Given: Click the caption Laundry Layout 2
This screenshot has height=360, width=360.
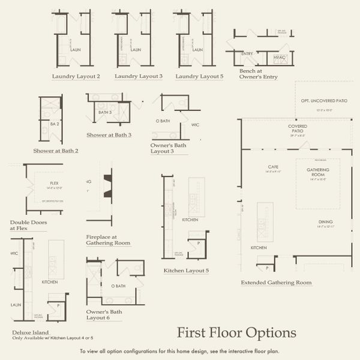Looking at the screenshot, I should [76, 76].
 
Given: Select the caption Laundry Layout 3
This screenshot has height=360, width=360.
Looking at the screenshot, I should [139, 76].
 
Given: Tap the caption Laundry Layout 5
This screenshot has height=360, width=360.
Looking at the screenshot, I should [199, 76].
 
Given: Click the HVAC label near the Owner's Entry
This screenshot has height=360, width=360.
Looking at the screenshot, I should [278, 57].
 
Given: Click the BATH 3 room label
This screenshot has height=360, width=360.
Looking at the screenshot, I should [106, 112].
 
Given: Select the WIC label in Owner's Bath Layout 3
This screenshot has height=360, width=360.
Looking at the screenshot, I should [195, 125].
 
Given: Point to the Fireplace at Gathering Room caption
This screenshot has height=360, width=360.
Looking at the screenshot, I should [108, 239].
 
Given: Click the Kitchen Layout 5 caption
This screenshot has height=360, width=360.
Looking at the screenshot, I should [186, 271].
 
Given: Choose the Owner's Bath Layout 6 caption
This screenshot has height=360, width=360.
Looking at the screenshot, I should [104, 315].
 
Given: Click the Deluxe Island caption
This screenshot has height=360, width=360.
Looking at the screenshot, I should [30, 332].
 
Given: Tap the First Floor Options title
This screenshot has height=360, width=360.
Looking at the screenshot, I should [236, 332].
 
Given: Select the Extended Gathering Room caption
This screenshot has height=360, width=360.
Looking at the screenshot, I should [276, 282].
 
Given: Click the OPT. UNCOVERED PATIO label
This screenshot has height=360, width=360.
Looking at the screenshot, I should [323, 101].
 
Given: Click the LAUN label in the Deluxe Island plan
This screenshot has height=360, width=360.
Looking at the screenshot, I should [16, 304].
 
